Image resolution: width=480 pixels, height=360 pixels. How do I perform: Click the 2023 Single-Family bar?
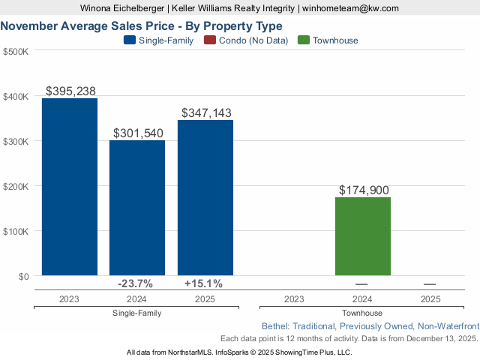point(70,187)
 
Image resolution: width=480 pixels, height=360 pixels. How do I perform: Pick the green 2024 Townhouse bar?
point(363,236)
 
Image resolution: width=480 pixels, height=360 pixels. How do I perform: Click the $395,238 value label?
point(70,91)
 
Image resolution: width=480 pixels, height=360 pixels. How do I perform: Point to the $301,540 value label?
point(138,133)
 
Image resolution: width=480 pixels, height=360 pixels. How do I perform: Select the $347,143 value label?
point(205,112)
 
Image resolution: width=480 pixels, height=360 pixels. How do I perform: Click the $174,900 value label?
point(364,190)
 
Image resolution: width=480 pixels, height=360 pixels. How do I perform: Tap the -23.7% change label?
point(136,283)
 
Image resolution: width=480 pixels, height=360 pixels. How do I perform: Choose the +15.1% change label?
point(203,283)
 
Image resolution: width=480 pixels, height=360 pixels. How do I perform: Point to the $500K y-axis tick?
point(16,52)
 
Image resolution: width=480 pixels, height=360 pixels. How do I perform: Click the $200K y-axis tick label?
point(16,186)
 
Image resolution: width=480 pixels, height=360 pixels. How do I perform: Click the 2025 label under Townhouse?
point(430,298)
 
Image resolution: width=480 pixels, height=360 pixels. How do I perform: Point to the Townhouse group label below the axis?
point(361,313)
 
